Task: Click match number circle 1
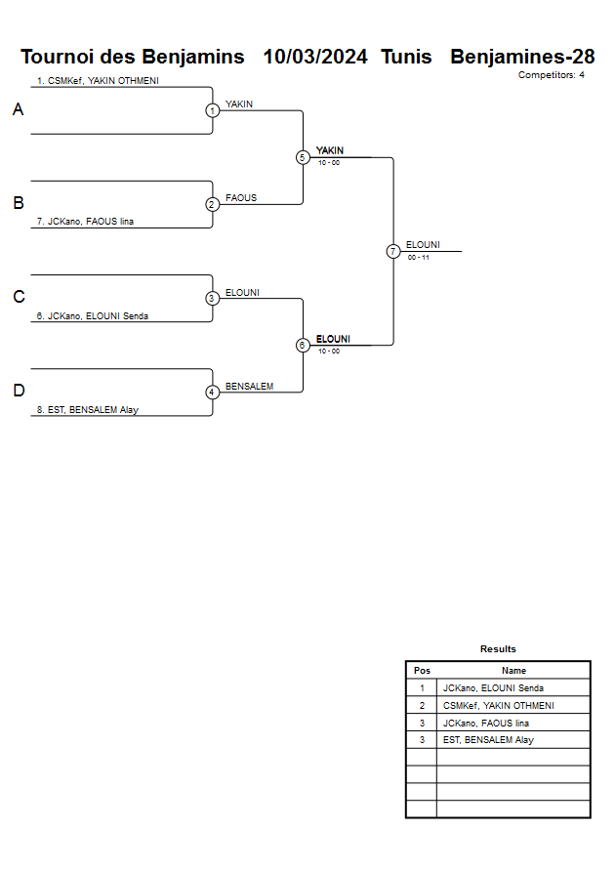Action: pos(212,110)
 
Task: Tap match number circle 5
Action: pos(303,157)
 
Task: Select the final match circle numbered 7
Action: pos(393,251)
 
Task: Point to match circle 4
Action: pos(212,393)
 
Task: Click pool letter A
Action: pos(18,110)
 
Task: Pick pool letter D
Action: pos(18,392)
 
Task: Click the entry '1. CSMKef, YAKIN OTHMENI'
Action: pos(98,81)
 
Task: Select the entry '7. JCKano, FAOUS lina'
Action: pos(85,222)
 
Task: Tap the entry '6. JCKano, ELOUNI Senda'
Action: pos(92,315)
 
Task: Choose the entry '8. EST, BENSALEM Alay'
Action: pos(87,410)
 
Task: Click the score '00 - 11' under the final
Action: pos(419,257)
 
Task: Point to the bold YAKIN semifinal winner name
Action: pos(330,150)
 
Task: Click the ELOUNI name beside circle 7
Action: pos(423,244)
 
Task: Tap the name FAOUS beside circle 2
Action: pos(241,197)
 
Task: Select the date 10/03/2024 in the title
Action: pos(315,57)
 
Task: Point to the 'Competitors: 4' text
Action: pos(552,75)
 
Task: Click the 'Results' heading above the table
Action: pos(498,649)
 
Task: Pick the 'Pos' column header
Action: pos(422,671)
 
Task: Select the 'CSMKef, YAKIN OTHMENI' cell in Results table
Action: pos(498,705)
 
